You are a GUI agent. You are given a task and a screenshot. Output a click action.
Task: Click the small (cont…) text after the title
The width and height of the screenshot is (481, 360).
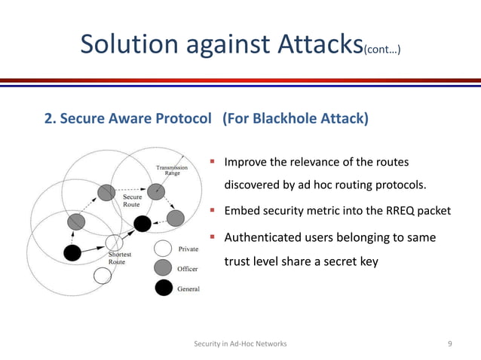pyautogui.click(x=381, y=50)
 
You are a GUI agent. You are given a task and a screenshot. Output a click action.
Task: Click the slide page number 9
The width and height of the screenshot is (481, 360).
pyautogui.click(x=450, y=343)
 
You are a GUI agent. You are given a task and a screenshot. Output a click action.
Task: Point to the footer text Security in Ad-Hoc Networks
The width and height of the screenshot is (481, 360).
pyautogui.click(x=240, y=343)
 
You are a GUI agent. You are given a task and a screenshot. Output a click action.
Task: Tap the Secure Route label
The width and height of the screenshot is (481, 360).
pyautogui.click(x=131, y=201)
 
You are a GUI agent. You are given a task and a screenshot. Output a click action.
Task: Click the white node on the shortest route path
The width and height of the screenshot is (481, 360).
pyautogui.click(x=114, y=243)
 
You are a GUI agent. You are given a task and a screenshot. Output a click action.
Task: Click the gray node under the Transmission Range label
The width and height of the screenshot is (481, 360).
pyautogui.click(x=155, y=191)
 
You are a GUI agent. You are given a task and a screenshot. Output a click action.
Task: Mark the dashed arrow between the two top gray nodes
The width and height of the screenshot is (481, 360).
pyautogui.click(x=130, y=191)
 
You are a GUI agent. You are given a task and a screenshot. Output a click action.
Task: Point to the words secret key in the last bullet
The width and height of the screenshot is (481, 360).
pyautogui.click(x=357, y=263)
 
